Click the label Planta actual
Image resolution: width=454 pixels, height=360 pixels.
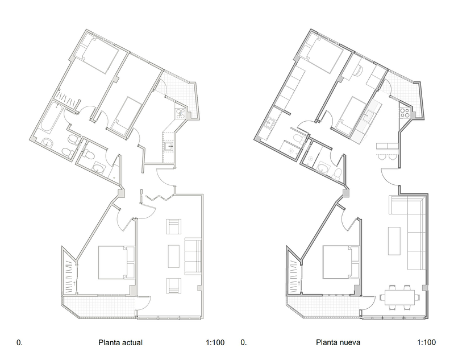click(x=120, y=343)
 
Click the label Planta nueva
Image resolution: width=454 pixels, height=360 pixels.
click(x=338, y=343)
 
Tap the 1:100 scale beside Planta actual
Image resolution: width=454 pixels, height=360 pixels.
click(x=215, y=343)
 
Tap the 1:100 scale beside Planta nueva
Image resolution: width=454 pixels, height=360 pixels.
click(x=426, y=343)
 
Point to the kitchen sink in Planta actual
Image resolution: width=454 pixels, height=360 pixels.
click(x=169, y=147)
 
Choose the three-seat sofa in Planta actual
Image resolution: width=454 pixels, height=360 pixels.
click(x=193, y=256)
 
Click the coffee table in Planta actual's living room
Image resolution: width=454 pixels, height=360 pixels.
click(x=173, y=256)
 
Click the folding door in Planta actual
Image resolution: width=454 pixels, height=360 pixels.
click(x=159, y=197)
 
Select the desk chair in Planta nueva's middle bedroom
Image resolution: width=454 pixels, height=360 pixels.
click(x=360, y=69)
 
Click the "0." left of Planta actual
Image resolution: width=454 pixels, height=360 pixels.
click(x=19, y=343)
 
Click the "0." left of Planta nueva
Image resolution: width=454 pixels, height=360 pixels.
click(x=244, y=343)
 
